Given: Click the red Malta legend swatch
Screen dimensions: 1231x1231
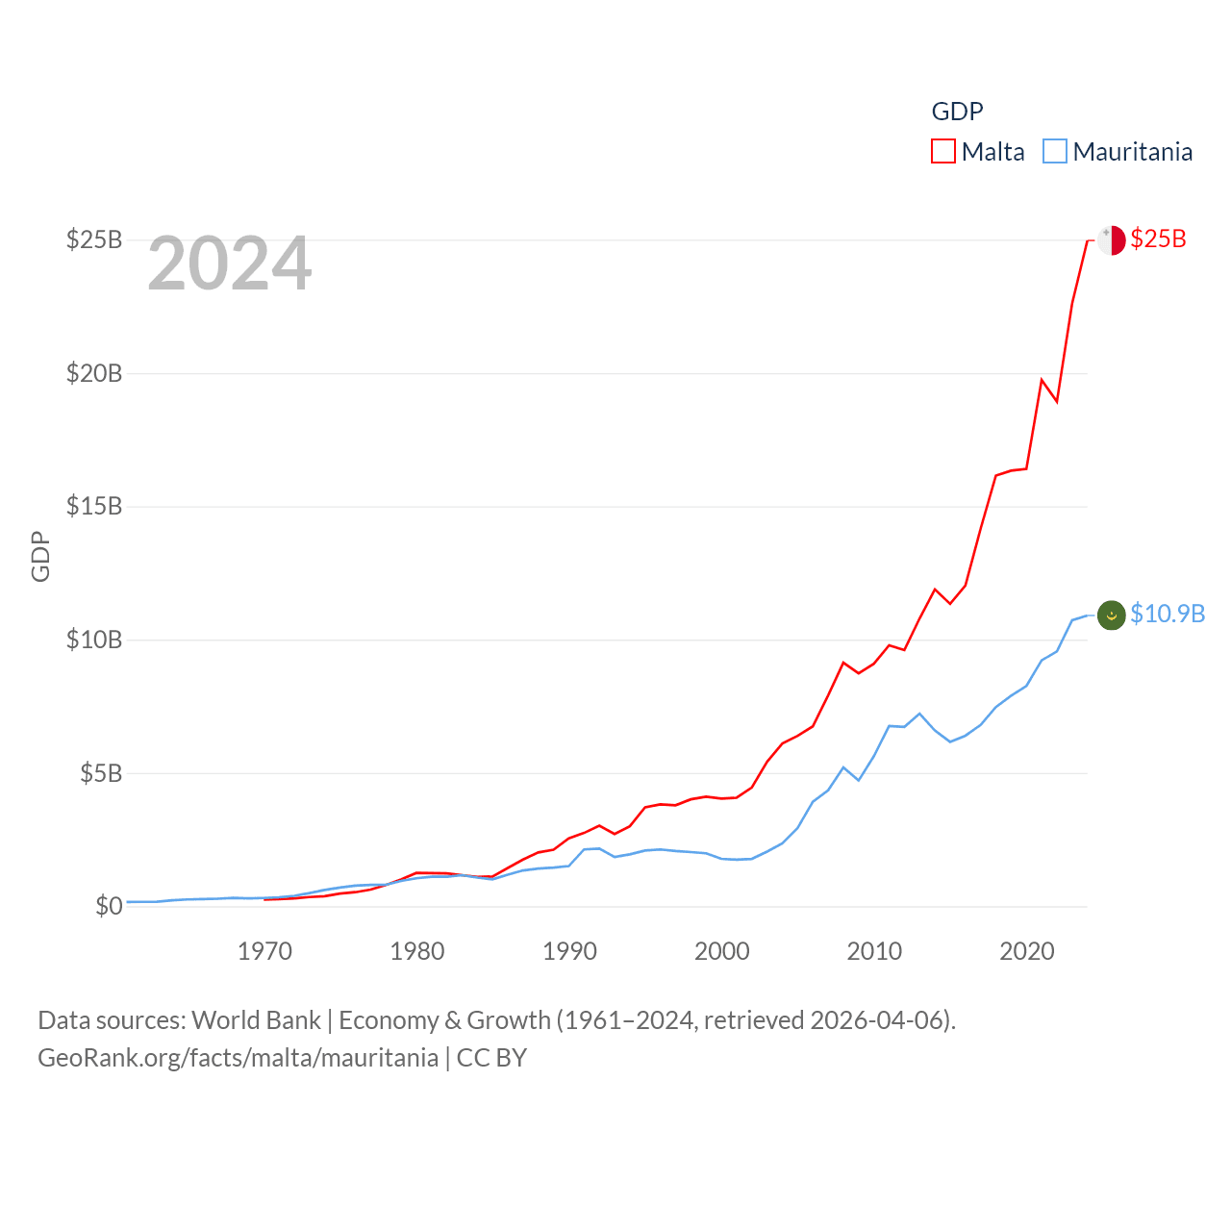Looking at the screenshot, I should click(942, 152).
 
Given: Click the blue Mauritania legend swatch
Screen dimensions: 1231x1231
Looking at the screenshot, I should click(1055, 152).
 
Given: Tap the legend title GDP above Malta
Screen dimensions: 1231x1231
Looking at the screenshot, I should click(957, 112).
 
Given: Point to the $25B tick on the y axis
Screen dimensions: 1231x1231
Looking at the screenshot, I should click(94, 239).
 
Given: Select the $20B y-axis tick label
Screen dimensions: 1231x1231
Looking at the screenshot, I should click(94, 373).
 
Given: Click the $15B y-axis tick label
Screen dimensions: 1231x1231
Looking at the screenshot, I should click(94, 506).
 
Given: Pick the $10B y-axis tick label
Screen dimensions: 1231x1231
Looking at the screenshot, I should click(94, 640).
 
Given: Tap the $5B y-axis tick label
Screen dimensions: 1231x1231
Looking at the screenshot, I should click(101, 773).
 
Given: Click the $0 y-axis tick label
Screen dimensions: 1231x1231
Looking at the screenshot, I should click(109, 906).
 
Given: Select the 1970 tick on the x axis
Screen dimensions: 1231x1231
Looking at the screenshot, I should click(264, 951).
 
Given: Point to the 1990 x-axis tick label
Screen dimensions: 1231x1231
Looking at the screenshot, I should click(569, 951).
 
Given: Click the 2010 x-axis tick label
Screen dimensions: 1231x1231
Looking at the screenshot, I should click(874, 951).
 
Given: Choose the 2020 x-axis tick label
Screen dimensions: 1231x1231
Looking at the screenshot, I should click(1027, 951).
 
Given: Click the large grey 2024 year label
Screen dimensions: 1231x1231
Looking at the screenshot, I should click(230, 264).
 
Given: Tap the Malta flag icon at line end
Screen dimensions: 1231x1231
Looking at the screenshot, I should click(1111, 239).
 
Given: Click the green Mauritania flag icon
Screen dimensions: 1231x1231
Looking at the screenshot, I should click(1111, 615).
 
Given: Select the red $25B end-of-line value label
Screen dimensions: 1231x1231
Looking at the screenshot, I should click(1158, 239).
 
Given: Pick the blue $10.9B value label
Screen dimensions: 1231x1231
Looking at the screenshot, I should click(1168, 615).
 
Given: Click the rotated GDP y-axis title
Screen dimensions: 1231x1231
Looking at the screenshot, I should click(40, 556).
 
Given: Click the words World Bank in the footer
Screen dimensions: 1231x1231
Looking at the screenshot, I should click(256, 1020).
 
